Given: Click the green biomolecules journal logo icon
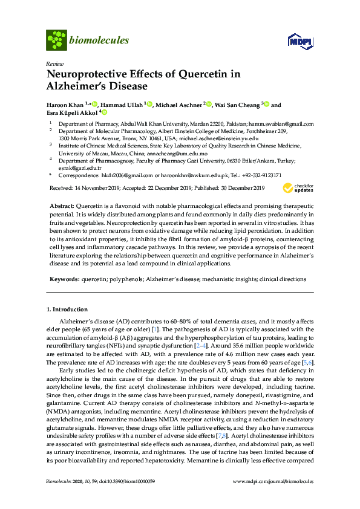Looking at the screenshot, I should [56, 41].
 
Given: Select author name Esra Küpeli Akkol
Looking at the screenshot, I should [72, 112].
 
